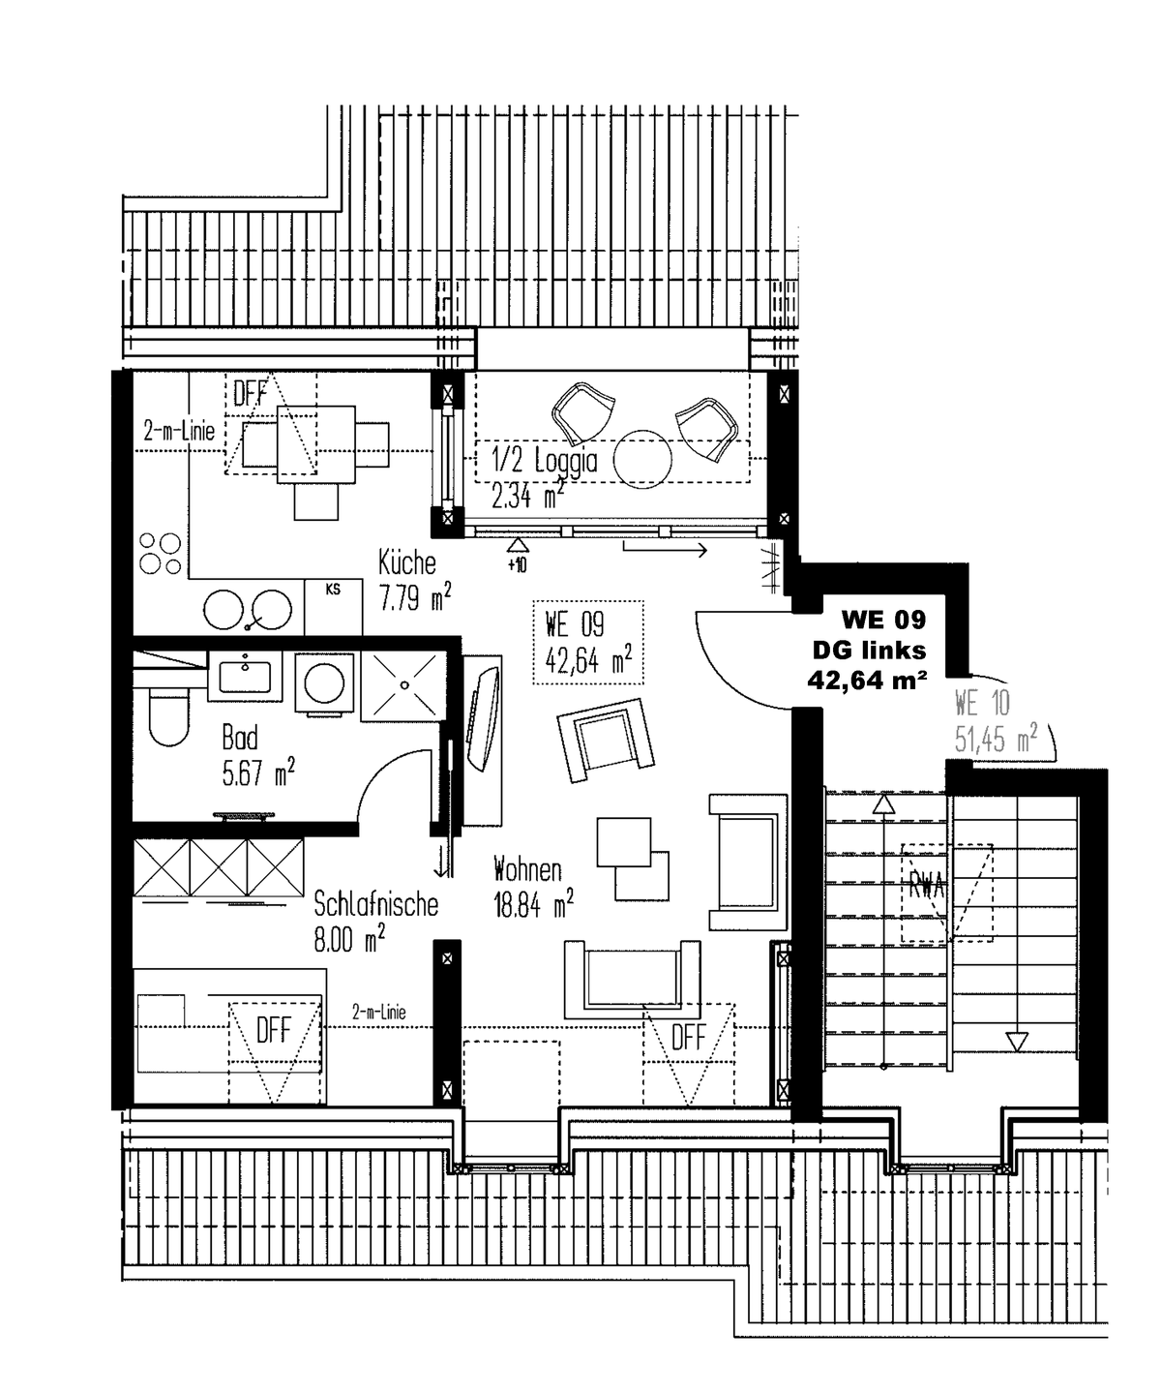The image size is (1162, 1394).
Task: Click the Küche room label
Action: pos(407,562)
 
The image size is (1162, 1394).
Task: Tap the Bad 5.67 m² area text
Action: pos(257,774)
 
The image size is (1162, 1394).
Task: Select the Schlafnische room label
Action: pos(375,904)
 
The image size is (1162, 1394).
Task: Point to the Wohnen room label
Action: pos(526,868)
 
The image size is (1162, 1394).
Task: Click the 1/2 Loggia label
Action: pos(545,462)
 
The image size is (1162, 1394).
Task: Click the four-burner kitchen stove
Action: pos(160,553)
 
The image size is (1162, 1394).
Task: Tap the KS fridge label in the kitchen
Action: pos(333,589)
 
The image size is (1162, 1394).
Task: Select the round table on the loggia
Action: pos(641,458)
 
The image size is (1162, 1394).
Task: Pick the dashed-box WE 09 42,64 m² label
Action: pos(588,642)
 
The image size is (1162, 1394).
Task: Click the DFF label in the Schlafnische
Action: pos(273,1031)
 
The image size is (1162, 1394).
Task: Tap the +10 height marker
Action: pos(517,564)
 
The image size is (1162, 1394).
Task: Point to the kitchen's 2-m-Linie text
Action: pos(179,432)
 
